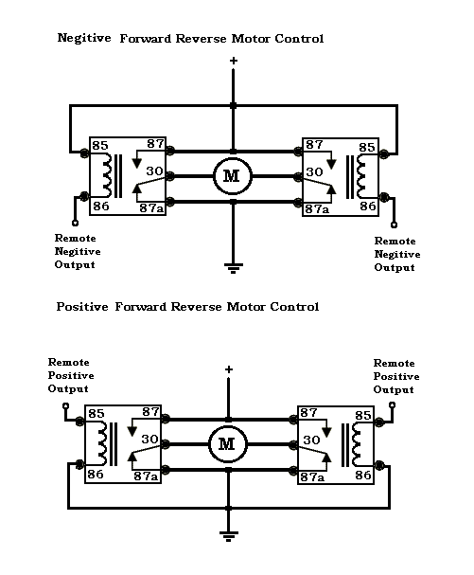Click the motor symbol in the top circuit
tap(233, 175)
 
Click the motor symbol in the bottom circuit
tap(227, 442)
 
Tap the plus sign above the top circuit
tap(233, 62)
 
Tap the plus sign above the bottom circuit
tap(227, 369)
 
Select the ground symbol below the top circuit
tap(233, 266)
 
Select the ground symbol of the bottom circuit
tap(227, 535)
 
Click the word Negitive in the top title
tap(83, 39)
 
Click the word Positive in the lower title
tap(82, 307)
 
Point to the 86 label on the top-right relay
tap(368, 206)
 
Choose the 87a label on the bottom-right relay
tap(312, 476)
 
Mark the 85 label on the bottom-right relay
tap(363, 415)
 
